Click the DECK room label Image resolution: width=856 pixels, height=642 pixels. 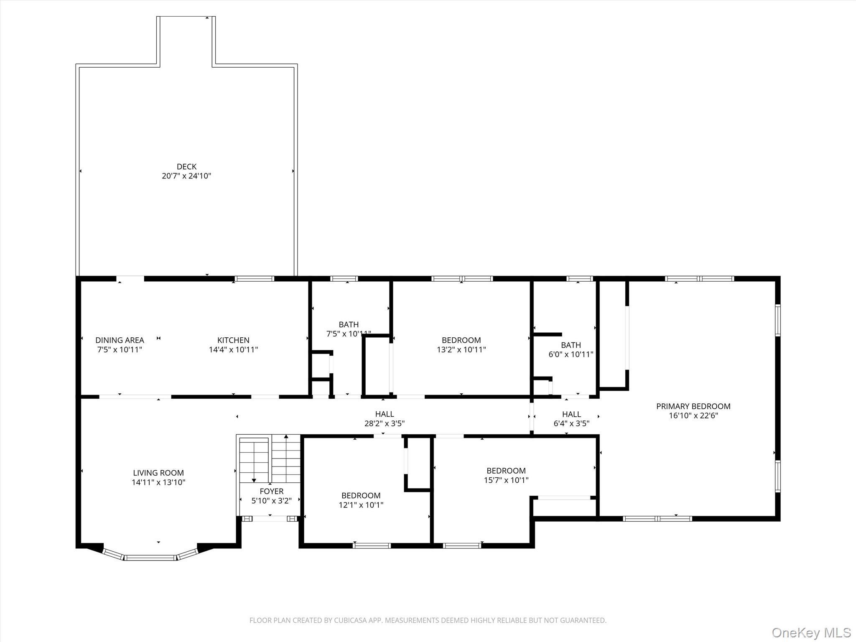coord(186,167)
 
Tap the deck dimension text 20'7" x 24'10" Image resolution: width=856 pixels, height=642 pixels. coord(186,176)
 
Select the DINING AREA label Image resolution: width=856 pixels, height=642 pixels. coord(120,340)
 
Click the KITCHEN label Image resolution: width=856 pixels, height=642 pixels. coord(233,340)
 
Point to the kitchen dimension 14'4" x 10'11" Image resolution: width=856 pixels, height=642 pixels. coord(233,349)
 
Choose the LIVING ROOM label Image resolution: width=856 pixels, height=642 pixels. coord(158,473)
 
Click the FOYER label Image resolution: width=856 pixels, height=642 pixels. coord(271,491)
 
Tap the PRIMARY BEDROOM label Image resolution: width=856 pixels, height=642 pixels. coord(693,406)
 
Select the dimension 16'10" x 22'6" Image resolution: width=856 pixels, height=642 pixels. coord(693,415)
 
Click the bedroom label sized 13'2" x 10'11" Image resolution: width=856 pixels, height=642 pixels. coord(461,340)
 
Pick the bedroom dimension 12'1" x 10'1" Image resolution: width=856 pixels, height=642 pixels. coord(361,505)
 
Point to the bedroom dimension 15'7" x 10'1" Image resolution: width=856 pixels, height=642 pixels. coord(506,480)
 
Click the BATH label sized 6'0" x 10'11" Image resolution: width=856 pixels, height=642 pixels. coord(571,345)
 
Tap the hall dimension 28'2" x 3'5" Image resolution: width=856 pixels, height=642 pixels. coord(384,423)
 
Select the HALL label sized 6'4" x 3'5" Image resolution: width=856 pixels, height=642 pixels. coord(571,414)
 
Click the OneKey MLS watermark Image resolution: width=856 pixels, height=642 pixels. coord(811,632)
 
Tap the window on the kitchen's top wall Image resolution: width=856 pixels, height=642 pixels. coord(254,279)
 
